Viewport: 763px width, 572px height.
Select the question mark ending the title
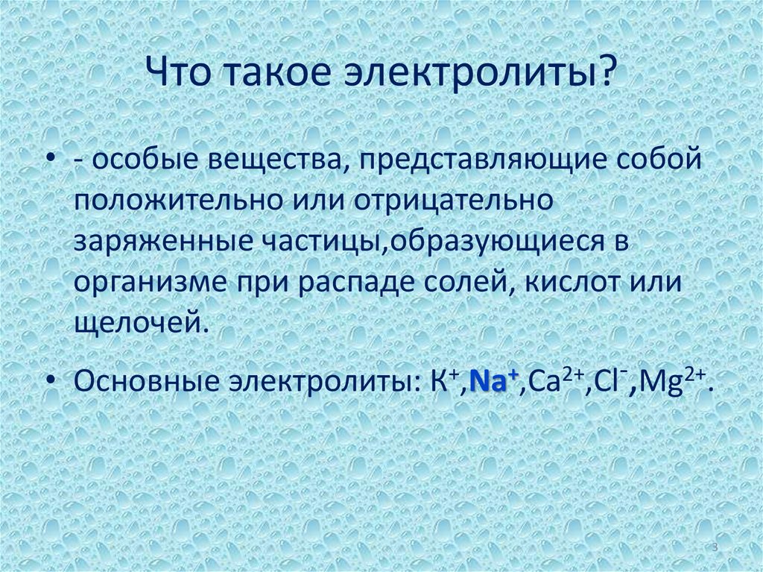pyautogui.click(x=606, y=72)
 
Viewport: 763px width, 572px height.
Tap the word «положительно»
pyautogui.click(x=179, y=201)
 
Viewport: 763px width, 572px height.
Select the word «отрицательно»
pyautogui.click(x=453, y=202)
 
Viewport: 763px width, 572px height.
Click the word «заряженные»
pyautogui.click(x=163, y=241)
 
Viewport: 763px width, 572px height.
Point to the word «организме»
pyautogui.click(x=151, y=282)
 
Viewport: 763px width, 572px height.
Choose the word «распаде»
pyautogui.click(x=355, y=283)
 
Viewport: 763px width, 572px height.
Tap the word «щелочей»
pyautogui.click(x=138, y=322)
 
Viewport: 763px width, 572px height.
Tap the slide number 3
pyautogui.click(x=715, y=547)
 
